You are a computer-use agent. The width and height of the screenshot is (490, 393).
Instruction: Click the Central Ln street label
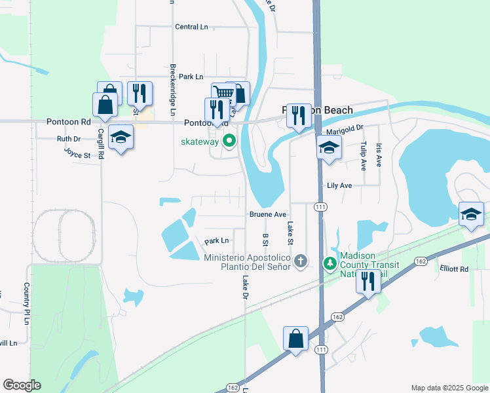(x=191, y=27)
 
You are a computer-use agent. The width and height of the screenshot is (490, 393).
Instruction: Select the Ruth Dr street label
(x=68, y=139)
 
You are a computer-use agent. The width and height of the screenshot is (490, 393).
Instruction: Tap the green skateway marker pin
(x=229, y=140)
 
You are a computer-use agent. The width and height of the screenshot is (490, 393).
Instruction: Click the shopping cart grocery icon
(x=224, y=93)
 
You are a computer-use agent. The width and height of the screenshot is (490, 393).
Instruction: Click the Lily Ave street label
(x=339, y=185)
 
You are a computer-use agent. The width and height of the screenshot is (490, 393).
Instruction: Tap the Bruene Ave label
(x=267, y=214)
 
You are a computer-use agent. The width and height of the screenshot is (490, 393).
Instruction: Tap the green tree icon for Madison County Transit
(x=330, y=263)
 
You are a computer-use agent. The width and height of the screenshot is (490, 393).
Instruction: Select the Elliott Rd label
(x=455, y=269)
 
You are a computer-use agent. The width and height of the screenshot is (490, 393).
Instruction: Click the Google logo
(x=22, y=385)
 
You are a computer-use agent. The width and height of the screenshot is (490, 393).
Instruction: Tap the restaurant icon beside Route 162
(x=368, y=281)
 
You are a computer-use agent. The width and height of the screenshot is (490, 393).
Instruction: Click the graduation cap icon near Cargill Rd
(x=121, y=137)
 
